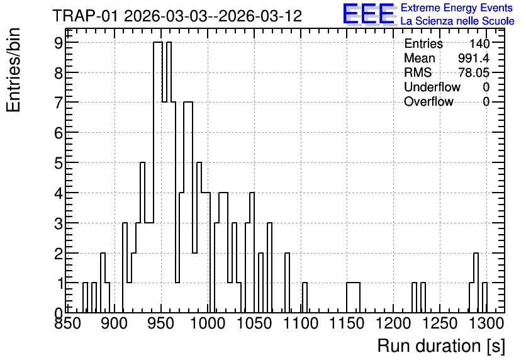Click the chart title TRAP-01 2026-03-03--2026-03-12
point(177,16)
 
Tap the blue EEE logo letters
point(368,14)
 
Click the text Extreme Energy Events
point(457,8)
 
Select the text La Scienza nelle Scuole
point(457,21)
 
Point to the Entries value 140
point(479,43)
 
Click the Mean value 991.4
point(474,58)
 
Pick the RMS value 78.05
point(474,72)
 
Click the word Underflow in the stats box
point(432,87)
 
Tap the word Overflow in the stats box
point(428,101)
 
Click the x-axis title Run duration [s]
point(441,346)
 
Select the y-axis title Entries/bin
point(13,70)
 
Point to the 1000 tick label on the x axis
point(208,323)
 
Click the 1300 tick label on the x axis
point(486,323)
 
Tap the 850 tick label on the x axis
point(69,323)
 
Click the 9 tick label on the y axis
point(59,43)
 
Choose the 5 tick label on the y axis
point(59,163)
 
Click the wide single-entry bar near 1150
point(353,298)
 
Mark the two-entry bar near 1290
point(476,283)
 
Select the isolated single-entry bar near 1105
point(305,298)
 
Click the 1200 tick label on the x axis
point(393,323)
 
